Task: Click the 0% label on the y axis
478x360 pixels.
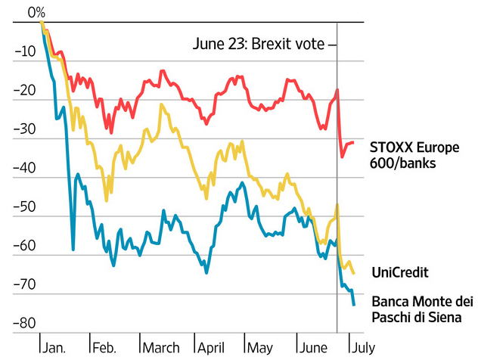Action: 36,12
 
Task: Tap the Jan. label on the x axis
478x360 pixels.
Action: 55,347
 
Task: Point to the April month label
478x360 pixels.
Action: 212,347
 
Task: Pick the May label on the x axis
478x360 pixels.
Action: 260,347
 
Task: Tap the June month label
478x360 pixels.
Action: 315,347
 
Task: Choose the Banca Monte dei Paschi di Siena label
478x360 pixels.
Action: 416,308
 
